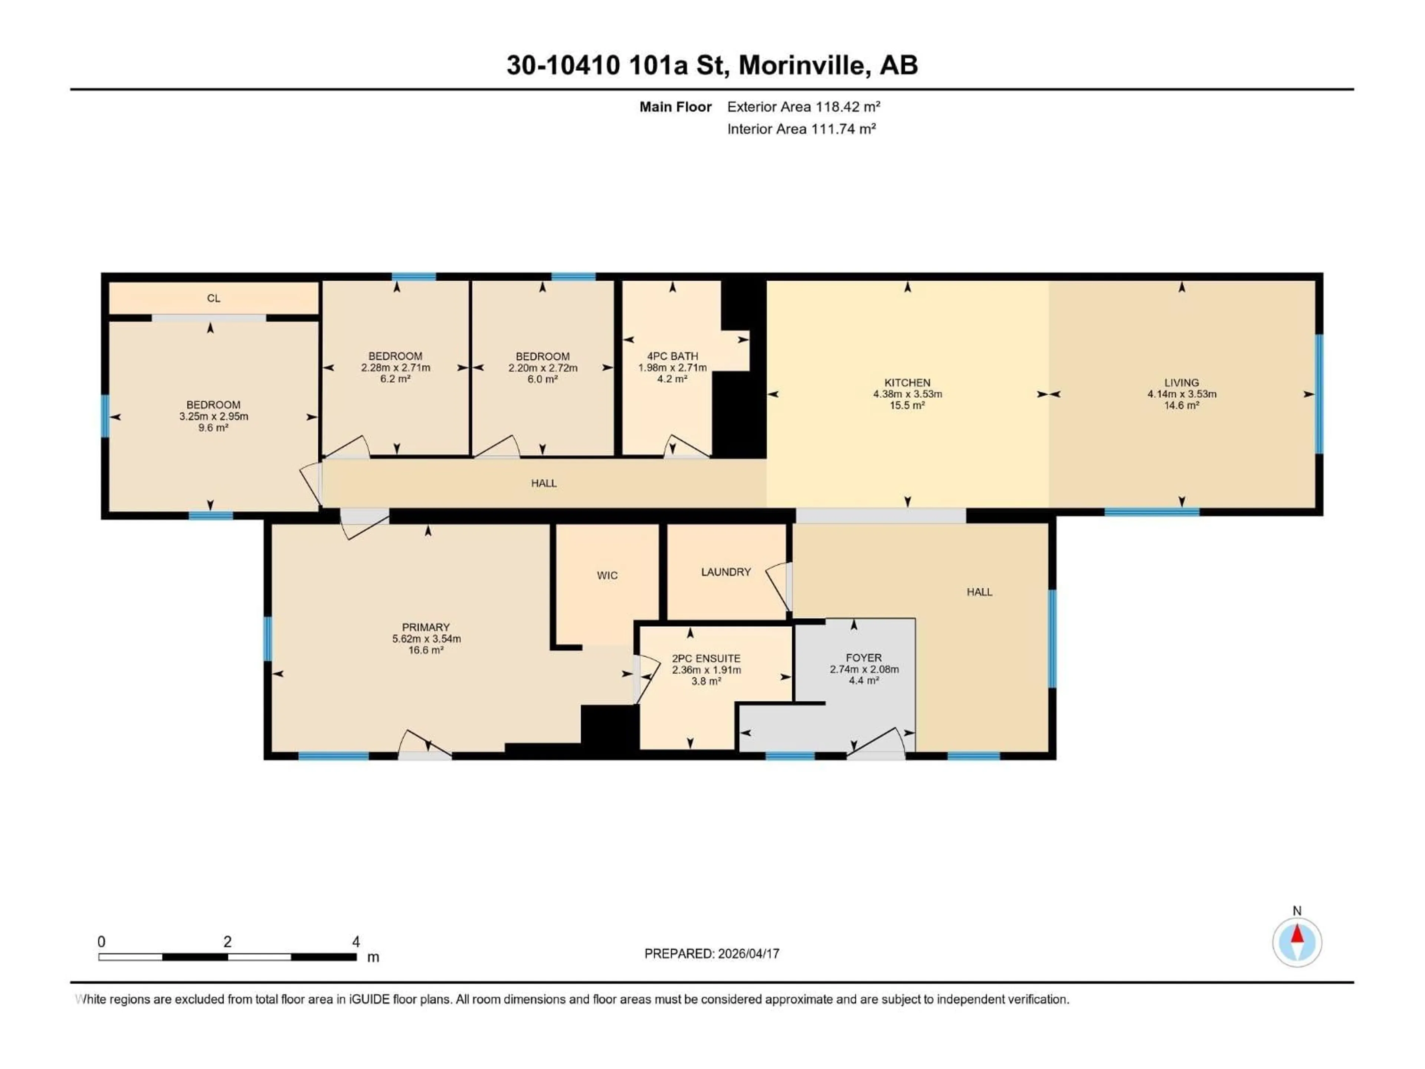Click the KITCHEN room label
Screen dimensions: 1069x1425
click(x=907, y=382)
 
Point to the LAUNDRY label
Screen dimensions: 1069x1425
click(x=725, y=572)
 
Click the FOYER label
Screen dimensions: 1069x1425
click(x=863, y=658)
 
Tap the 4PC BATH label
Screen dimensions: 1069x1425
click(x=672, y=356)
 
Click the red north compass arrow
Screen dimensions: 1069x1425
click(x=1297, y=934)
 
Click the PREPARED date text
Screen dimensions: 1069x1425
click(x=711, y=954)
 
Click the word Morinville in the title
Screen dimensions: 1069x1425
click(x=801, y=65)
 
